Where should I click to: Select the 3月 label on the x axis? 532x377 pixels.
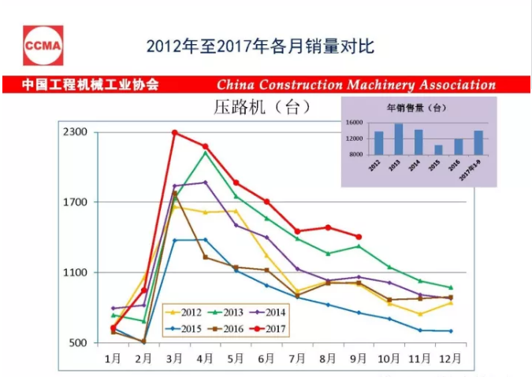coord(174,359)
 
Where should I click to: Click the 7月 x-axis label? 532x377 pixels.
coord(297,359)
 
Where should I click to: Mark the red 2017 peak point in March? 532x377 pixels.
coord(174,132)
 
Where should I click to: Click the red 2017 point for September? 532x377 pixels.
coord(359,236)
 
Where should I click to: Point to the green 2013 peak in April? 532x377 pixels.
coord(205,152)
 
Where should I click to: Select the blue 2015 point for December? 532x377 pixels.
coord(450,331)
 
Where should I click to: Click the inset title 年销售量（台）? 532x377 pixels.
coord(417,107)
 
